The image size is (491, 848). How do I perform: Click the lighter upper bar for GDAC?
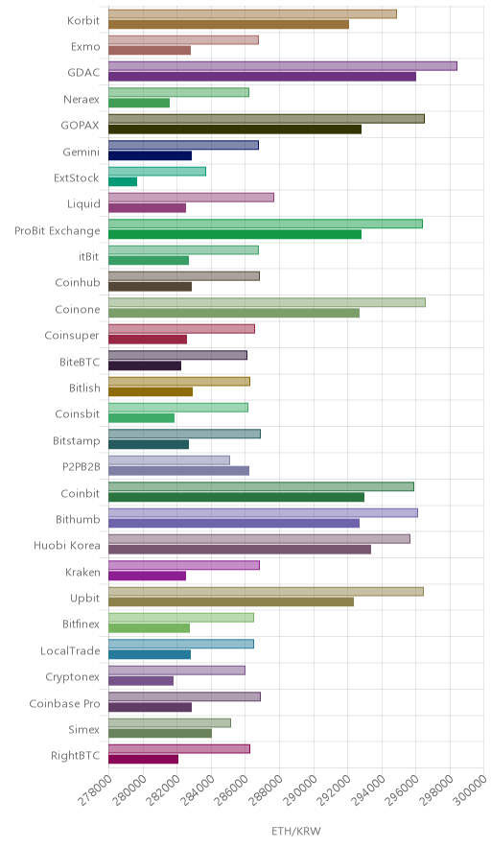pos(283,66)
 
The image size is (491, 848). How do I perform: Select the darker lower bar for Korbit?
pos(229,24)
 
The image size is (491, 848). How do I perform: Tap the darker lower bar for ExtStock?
pos(123,181)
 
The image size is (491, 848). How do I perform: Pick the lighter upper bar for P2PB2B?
pos(169,460)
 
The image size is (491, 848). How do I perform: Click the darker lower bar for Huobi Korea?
pos(240,550)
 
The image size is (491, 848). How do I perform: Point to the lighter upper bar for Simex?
pos(170,723)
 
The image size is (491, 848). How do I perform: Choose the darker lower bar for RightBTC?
pos(143,760)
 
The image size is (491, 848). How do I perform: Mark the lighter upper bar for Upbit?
pos(266,592)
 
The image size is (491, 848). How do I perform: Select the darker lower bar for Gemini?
pos(151,155)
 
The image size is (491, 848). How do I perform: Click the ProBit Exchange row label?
pos(58,231)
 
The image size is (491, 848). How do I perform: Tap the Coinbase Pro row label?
pos(65,703)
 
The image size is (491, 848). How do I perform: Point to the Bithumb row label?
pos(78,520)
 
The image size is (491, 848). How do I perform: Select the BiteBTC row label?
pos(80,363)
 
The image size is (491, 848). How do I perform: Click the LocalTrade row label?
pos(70,651)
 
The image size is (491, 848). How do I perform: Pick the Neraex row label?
pos(82,100)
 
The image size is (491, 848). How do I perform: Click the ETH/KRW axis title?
pos(296,832)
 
